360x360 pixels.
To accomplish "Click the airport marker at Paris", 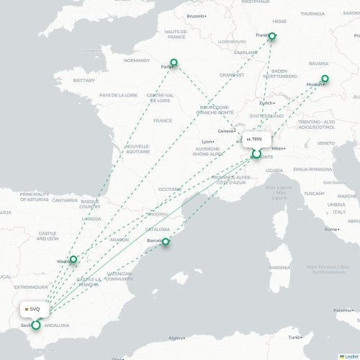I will (173, 62).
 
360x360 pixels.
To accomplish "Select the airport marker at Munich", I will (325, 78).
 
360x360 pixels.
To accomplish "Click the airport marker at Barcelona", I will (166, 242).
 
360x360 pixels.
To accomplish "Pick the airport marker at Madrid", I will (73, 259).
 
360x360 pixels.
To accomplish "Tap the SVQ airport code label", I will (35, 310).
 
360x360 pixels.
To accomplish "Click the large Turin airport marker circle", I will (256, 153).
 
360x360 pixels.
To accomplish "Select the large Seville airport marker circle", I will (36, 325).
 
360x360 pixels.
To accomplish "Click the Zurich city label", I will (266, 103).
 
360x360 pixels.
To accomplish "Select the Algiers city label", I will (176, 337).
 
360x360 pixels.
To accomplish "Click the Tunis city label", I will (294, 337).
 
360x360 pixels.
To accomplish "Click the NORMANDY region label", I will (136, 60).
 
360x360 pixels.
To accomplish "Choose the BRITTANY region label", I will (84, 81).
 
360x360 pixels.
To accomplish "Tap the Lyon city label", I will (207, 141).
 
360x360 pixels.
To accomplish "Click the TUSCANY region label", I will (313, 193).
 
